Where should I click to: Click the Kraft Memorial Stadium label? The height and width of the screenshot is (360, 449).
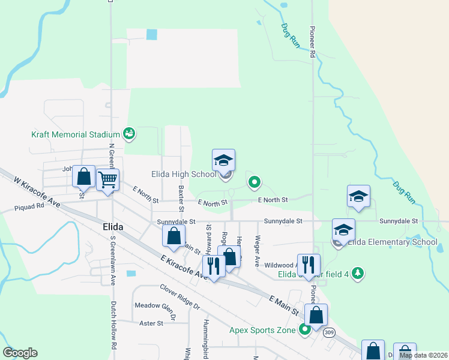pos(76,134)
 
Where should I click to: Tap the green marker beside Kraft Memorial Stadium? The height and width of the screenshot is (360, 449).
pos(128,133)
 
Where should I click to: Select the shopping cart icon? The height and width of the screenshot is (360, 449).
pos(107,179)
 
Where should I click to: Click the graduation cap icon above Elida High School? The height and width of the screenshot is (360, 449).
pos(223,160)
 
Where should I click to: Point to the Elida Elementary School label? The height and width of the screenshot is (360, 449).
pos(393,242)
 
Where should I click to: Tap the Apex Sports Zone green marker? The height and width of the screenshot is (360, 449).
pos(305,329)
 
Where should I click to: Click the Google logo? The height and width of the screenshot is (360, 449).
pos(20,353)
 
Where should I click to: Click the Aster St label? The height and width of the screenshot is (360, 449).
pos(151,323)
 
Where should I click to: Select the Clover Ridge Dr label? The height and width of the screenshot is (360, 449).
pos(179,296)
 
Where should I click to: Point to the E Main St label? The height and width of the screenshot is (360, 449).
pos(284,305)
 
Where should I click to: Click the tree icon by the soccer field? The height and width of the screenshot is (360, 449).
pos(358,274)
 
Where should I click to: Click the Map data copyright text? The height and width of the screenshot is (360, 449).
pos(423,355)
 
